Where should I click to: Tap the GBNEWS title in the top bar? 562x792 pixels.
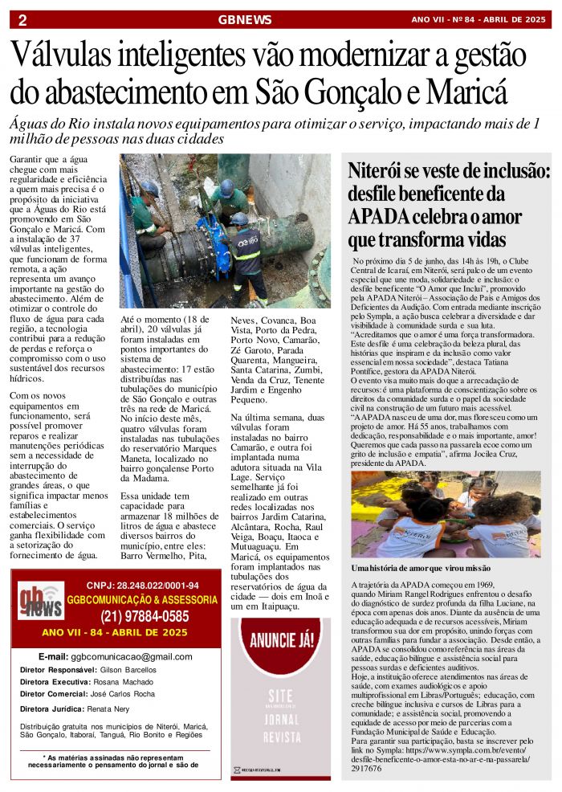tap(245, 20)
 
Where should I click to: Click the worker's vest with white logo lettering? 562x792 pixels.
tap(246, 245)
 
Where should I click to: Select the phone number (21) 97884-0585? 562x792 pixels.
tap(145, 617)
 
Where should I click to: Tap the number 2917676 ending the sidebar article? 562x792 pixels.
tap(367, 768)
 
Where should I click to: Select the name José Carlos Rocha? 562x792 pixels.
tap(121, 693)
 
